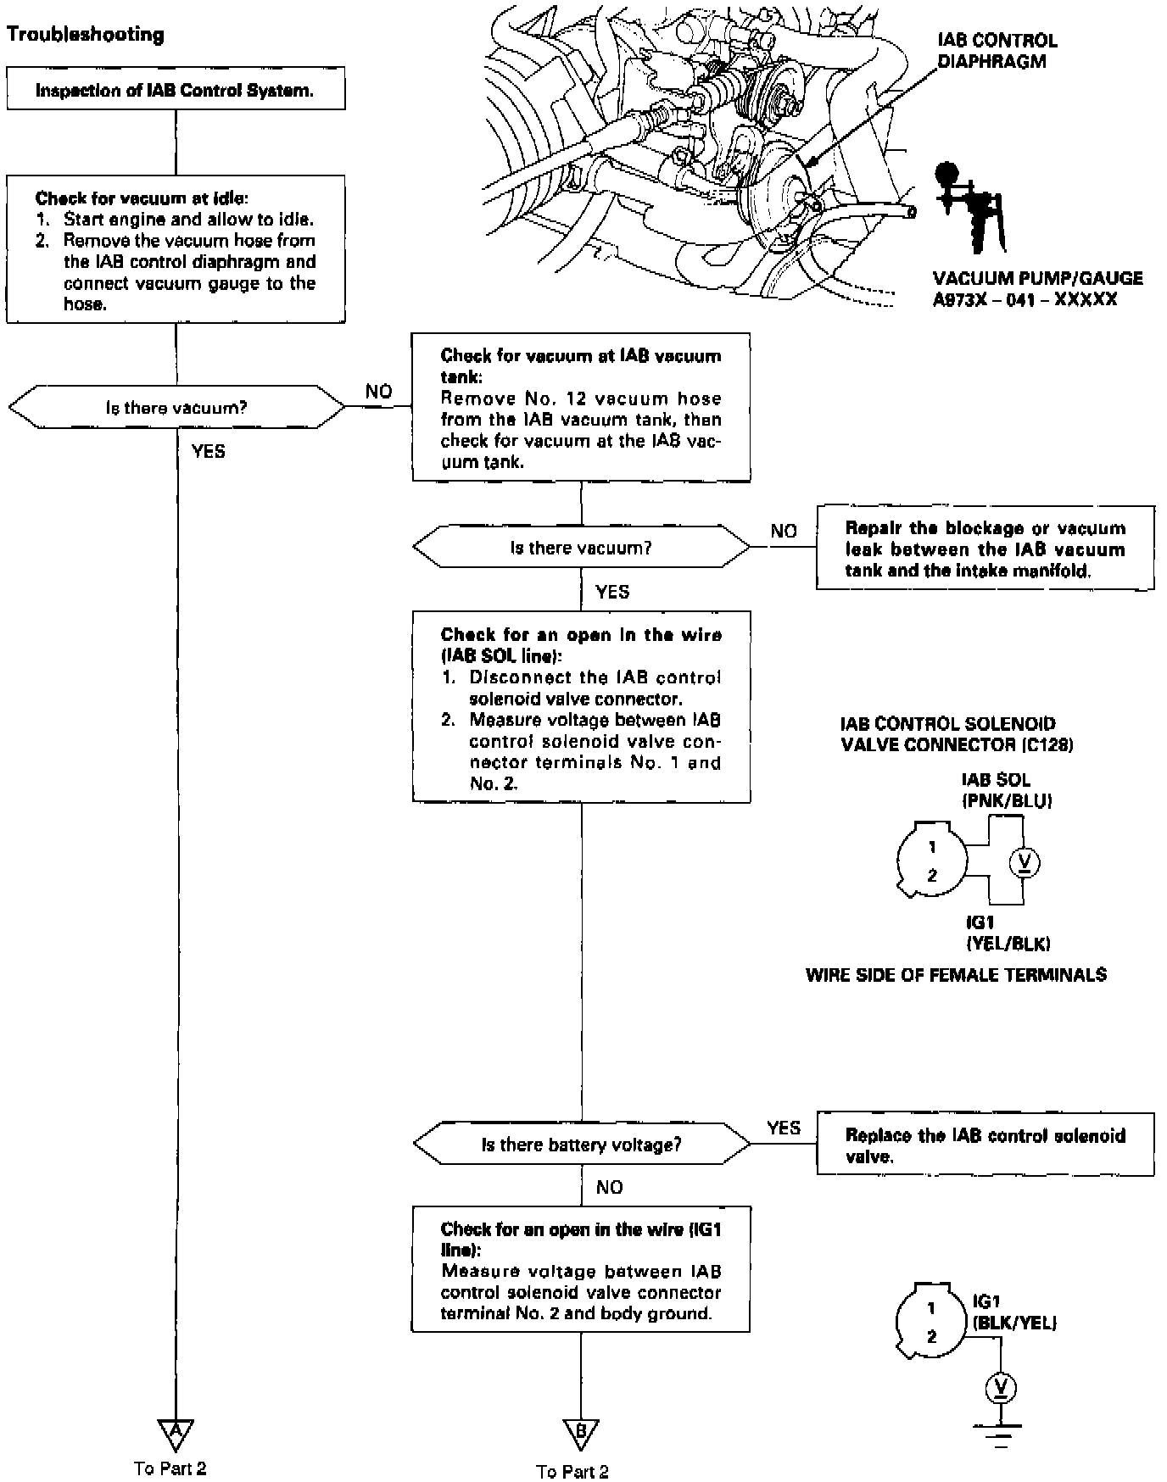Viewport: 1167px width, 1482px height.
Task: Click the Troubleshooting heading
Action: pos(85,35)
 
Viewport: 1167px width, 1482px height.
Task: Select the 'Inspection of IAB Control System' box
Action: pos(176,89)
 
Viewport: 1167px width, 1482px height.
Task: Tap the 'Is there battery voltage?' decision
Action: pos(581,1145)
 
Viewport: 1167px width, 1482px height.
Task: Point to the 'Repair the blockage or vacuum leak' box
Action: pos(985,548)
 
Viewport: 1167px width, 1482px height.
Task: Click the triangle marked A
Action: pos(176,1432)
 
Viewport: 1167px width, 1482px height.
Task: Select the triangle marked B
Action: pos(581,1434)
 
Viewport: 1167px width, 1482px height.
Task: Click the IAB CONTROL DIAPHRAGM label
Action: pos(997,51)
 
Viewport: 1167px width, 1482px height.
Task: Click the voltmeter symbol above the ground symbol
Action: pos(1002,1387)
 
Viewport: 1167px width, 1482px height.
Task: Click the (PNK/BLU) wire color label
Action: pos(1007,801)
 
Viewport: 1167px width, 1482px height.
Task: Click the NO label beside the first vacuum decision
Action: pos(379,392)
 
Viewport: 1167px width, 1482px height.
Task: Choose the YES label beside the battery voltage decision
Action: pos(784,1128)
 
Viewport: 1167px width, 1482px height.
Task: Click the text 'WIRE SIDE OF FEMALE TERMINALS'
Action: pos(956,975)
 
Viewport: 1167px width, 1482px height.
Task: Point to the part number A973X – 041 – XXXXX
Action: pos(1025,299)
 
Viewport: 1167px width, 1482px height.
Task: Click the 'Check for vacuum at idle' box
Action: pos(176,249)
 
